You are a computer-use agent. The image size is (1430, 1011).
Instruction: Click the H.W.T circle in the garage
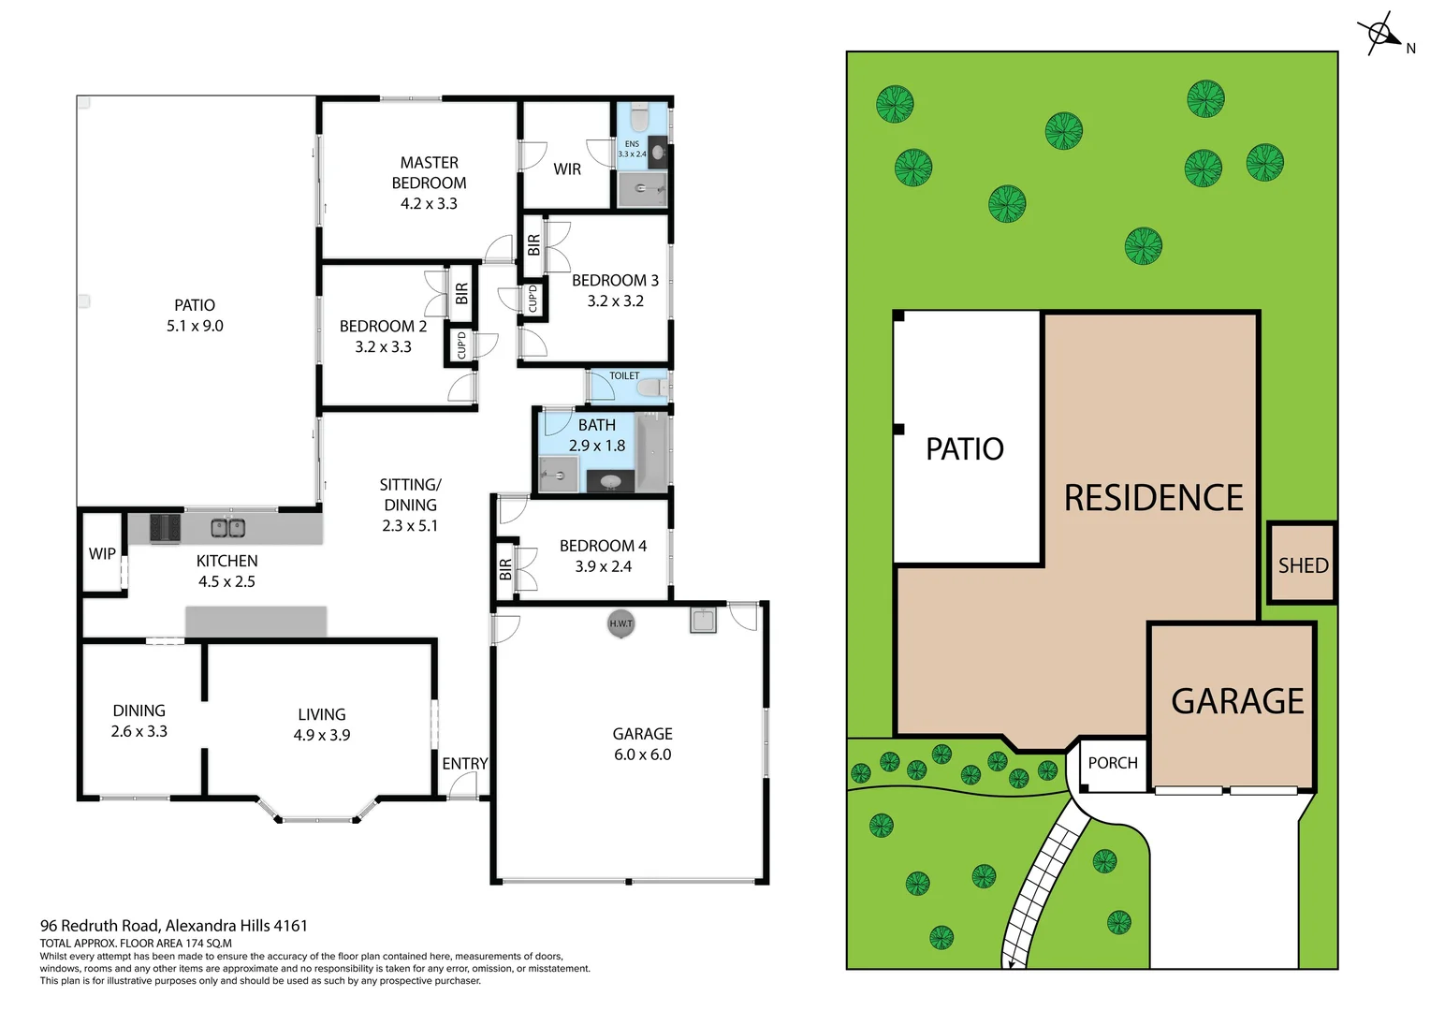[x=620, y=623]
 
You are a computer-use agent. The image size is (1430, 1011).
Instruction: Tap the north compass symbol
[x=1381, y=35]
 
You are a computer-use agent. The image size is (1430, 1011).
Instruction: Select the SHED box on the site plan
[x=1303, y=564]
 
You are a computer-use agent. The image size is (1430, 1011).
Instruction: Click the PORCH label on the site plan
[x=1113, y=763]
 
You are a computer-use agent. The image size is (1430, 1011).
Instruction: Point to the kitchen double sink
[x=227, y=528]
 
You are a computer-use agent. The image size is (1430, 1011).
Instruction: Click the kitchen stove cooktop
[x=165, y=528]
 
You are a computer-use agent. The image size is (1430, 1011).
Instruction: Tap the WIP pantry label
[x=102, y=553]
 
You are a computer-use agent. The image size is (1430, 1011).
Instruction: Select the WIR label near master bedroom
[x=567, y=169]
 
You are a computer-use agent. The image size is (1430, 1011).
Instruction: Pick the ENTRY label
[x=465, y=764]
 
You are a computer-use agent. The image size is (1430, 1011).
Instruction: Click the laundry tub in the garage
[x=703, y=620]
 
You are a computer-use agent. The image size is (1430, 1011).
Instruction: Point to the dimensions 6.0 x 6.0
[x=642, y=755]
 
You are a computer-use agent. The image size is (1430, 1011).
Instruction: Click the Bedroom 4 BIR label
[x=505, y=568]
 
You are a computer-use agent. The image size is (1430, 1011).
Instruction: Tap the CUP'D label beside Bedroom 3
[x=533, y=299]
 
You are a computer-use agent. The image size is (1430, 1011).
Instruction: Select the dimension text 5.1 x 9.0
[x=195, y=326]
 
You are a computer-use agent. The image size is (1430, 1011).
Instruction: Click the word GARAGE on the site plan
[x=1237, y=701]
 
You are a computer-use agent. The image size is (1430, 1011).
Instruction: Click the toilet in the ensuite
[x=640, y=118]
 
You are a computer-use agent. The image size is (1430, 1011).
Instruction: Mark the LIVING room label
[x=322, y=714]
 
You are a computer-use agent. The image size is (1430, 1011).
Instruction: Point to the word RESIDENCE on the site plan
[x=1153, y=498]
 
